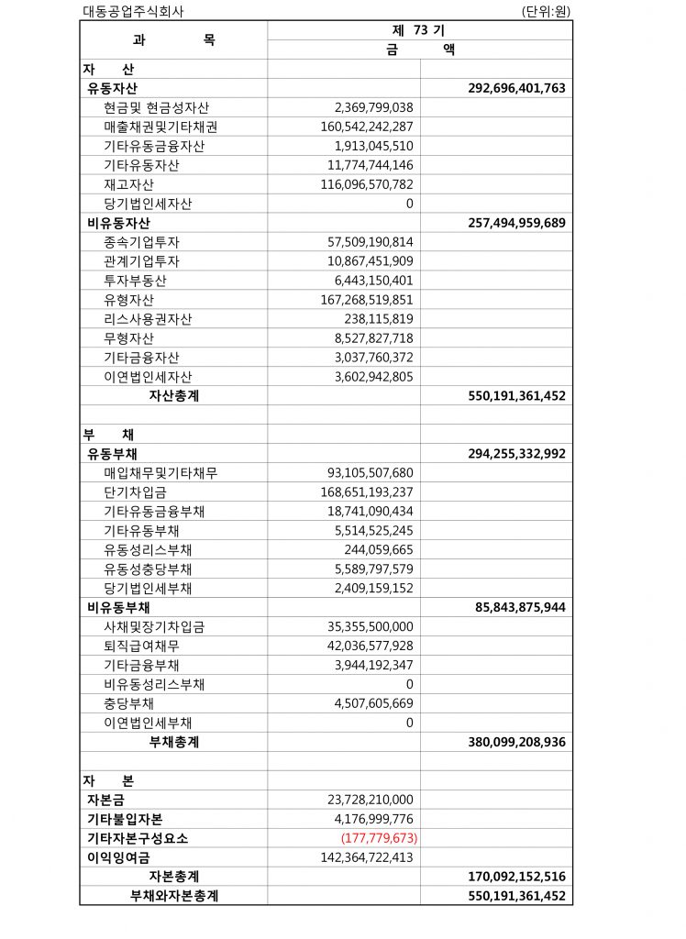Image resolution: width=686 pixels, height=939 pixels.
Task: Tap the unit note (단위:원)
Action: [548, 12]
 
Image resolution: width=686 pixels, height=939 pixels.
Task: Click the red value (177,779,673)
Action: [377, 838]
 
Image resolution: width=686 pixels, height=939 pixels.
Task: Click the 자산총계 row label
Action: [173, 396]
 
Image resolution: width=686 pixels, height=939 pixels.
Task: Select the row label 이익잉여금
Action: [118, 857]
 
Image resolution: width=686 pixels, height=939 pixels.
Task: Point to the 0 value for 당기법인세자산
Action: [409, 204]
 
